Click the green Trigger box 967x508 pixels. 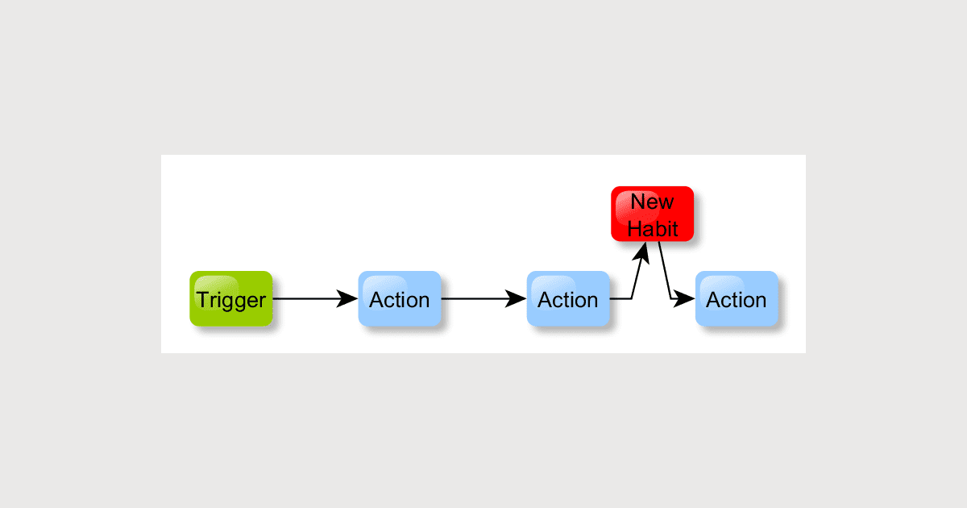click(x=231, y=299)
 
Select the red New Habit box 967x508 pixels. click(x=652, y=214)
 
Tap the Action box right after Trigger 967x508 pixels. click(x=400, y=299)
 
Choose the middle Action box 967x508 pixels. click(x=568, y=299)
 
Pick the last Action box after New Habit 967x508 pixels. click(x=737, y=299)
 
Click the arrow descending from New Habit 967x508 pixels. click(x=665, y=270)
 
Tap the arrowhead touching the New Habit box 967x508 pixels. click(x=643, y=249)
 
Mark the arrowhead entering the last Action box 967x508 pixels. click(x=686, y=299)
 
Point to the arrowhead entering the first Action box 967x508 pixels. click(x=348, y=299)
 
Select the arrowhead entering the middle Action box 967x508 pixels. click(x=517, y=299)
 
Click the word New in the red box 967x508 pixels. click(x=652, y=202)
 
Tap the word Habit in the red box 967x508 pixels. click(x=653, y=228)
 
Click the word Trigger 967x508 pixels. click(x=231, y=300)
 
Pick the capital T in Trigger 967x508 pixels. click(x=203, y=300)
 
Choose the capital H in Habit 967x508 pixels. click(x=634, y=228)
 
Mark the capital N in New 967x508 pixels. click(x=637, y=202)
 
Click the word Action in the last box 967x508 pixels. click(x=737, y=300)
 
